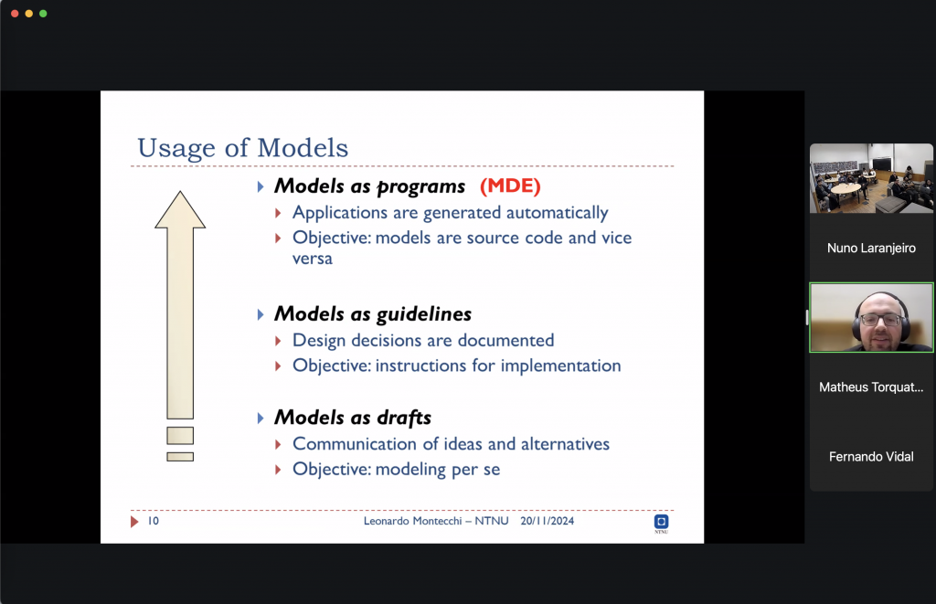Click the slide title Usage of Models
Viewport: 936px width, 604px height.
[x=242, y=148]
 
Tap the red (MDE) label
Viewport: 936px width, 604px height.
[x=510, y=185]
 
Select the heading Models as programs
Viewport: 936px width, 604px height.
[x=369, y=186]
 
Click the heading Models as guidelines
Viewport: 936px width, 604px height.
[x=373, y=314]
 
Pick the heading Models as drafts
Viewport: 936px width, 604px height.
[x=352, y=418]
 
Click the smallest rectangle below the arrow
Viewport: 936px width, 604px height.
[x=180, y=457]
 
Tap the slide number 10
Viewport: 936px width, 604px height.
[x=154, y=521]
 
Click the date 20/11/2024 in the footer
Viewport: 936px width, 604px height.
[x=547, y=521]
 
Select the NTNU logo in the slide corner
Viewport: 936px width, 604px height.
[x=662, y=523]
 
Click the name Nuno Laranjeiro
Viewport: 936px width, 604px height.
[x=871, y=249]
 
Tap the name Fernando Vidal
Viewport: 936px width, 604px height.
[x=871, y=457]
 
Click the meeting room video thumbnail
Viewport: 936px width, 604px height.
[x=871, y=178]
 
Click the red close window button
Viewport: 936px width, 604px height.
[x=15, y=13]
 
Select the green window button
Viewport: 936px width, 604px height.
[x=43, y=13]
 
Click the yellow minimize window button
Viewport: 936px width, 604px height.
[x=28, y=13]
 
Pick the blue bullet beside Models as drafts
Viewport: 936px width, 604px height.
[x=261, y=419]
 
